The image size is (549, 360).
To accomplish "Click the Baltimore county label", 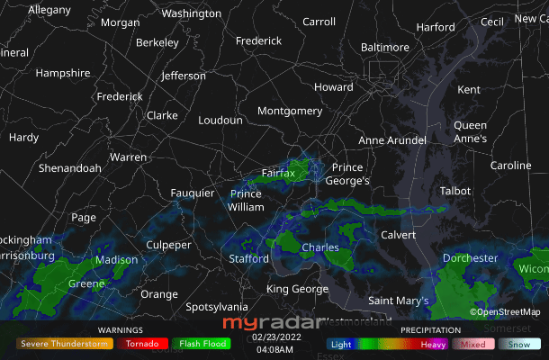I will point(384,48).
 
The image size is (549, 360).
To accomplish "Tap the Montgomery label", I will point(290,111).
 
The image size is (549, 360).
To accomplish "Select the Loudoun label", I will point(220,120).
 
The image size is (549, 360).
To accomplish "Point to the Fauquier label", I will point(193,193).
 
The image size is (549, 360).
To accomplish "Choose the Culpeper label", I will point(169,245).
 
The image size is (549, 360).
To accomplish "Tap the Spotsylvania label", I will point(217,307).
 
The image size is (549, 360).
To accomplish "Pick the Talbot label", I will point(454,191).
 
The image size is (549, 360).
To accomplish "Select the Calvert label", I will point(399,235).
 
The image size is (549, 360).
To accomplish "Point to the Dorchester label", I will point(470,258).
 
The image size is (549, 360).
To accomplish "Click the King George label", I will point(297,289).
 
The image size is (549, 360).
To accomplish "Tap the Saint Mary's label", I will point(399,301).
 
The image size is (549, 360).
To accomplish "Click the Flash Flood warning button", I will point(202,343).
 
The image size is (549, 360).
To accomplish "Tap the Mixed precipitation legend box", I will point(473,344).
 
